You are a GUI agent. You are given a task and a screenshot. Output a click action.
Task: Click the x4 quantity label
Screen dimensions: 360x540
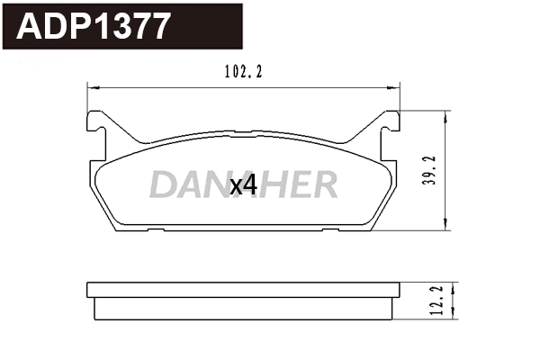[243, 185]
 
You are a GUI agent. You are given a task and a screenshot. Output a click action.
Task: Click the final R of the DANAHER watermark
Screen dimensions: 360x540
[324, 184]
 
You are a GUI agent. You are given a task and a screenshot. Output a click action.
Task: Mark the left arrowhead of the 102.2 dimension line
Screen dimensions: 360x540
[88, 87]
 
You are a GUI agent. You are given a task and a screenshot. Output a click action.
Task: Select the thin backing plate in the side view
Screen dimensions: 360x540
[243, 289]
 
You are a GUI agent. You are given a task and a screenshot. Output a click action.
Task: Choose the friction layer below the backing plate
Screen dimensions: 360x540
[243, 307]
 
